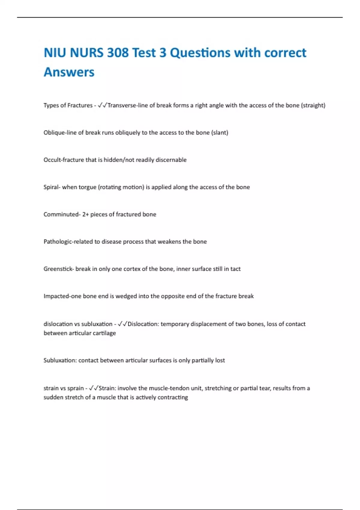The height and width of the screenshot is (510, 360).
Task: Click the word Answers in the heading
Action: click(x=69, y=72)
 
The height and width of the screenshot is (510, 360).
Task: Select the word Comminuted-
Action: click(x=62, y=214)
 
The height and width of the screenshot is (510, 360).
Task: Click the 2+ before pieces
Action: click(x=85, y=214)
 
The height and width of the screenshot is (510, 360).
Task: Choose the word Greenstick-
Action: click(x=58, y=269)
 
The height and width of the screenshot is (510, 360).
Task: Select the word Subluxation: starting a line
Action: click(x=60, y=360)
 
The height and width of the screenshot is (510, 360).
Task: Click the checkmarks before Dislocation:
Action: click(x=122, y=324)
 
